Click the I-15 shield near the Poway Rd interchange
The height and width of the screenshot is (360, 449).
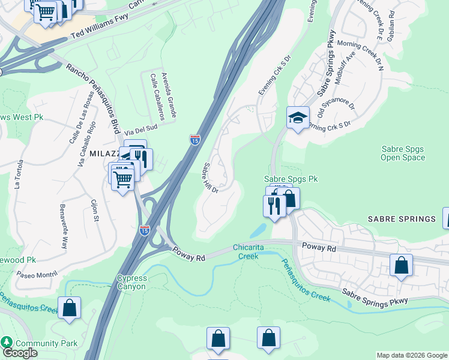(145, 229)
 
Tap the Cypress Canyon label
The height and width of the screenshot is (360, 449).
(131, 282)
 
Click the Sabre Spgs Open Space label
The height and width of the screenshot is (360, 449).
(403, 154)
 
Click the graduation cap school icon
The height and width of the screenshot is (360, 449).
(297, 118)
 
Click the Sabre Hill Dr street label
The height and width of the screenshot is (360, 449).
(211, 178)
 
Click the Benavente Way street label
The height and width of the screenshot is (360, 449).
(63, 227)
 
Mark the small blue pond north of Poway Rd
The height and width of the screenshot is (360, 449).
(258, 230)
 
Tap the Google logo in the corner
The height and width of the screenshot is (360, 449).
(20, 353)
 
